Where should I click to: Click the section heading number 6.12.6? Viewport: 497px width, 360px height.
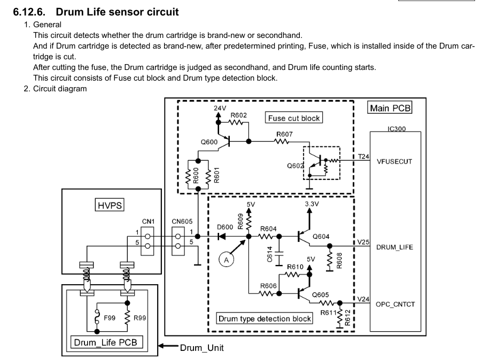point(29,12)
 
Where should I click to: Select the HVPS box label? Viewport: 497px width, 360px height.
point(110,205)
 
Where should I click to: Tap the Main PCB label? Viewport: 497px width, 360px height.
point(390,108)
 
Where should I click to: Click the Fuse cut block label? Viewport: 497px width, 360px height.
point(294,118)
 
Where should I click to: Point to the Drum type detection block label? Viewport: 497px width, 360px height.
point(265,318)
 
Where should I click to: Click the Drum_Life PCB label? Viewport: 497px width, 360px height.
point(106,342)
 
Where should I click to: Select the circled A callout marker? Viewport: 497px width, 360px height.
point(226,260)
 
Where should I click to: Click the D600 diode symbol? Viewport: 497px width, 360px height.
point(222,237)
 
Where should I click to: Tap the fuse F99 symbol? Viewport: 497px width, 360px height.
point(97,318)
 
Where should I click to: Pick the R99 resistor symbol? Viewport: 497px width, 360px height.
point(127,318)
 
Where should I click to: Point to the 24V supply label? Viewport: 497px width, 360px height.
point(220,108)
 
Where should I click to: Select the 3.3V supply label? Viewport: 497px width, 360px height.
point(312,204)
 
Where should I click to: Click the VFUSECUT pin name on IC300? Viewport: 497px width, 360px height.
point(394,162)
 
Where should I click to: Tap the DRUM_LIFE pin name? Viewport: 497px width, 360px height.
point(394,247)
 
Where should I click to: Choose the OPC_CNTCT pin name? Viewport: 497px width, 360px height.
point(395,304)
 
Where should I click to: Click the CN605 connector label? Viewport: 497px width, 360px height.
point(182,222)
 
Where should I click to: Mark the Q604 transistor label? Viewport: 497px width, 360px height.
point(321,237)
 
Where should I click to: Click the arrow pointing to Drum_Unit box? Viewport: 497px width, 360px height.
point(168,346)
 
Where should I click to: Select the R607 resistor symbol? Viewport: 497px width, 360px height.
point(282,142)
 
